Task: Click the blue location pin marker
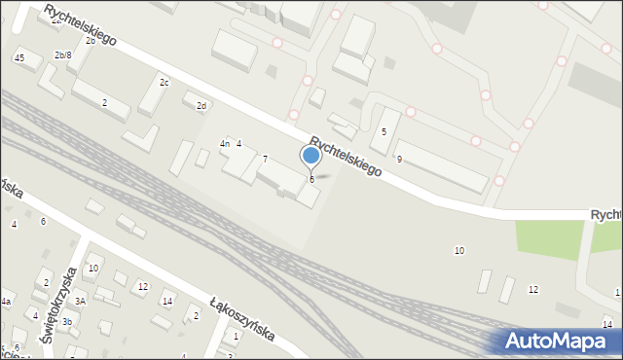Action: [x=311, y=156]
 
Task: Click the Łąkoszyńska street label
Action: [x=242, y=319]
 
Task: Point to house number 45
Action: [x=19, y=59]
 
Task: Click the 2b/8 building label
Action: [x=62, y=55]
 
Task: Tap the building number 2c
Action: [x=165, y=83]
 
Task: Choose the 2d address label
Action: [x=202, y=106]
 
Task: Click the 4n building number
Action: [x=224, y=144]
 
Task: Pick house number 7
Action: [x=265, y=159]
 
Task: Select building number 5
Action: [x=384, y=131]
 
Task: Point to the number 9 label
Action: [x=399, y=159]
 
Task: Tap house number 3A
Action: [x=81, y=302]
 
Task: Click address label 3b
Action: [x=66, y=321]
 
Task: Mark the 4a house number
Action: [x=5, y=303]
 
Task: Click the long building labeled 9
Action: [x=440, y=166]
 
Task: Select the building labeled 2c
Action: [x=153, y=95]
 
